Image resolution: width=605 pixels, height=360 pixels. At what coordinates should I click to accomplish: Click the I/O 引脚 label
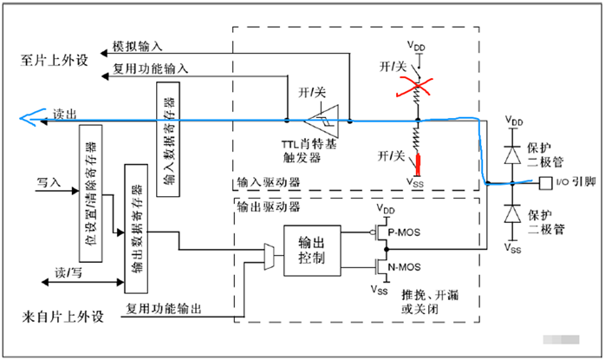[x=575, y=182]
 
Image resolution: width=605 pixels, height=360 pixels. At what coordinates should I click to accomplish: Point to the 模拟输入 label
[x=137, y=46]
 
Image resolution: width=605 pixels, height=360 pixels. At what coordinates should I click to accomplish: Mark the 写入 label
[x=49, y=182]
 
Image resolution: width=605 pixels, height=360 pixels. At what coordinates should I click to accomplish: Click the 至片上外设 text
[x=56, y=61]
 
